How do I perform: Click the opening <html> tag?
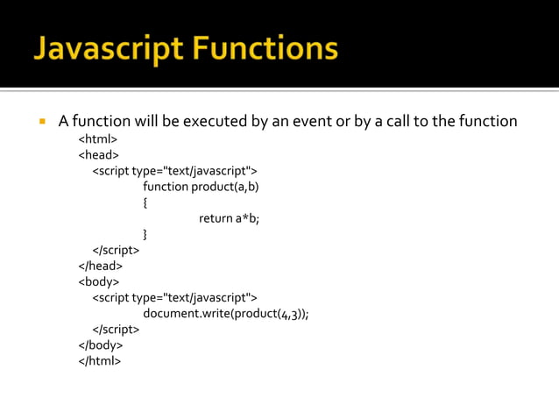(x=98, y=139)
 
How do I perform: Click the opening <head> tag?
(x=99, y=155)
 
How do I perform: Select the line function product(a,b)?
(x=201, y=187)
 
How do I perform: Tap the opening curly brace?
(x=145, y=202)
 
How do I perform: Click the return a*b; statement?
(x=230, y=218)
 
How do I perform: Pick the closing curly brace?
(x=145, y=234)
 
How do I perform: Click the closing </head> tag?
(x=101, y=266)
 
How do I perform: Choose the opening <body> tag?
(x=99, y=281)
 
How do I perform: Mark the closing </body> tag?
(x=101, y=344)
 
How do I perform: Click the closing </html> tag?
(x=100, y=360)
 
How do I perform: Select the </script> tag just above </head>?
(x=116, y=250)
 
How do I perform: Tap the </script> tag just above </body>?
(x=116, y=329)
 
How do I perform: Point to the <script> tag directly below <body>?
(x=174, y=297)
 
